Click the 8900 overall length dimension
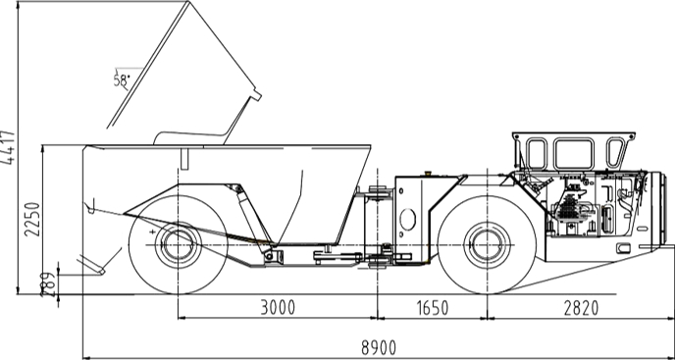[x=380, y=346]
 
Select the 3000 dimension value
[x=277, y=308]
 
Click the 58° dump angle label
[x=123, y=81]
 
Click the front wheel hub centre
[x=488, y=242]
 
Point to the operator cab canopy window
[x=570, y=153]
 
